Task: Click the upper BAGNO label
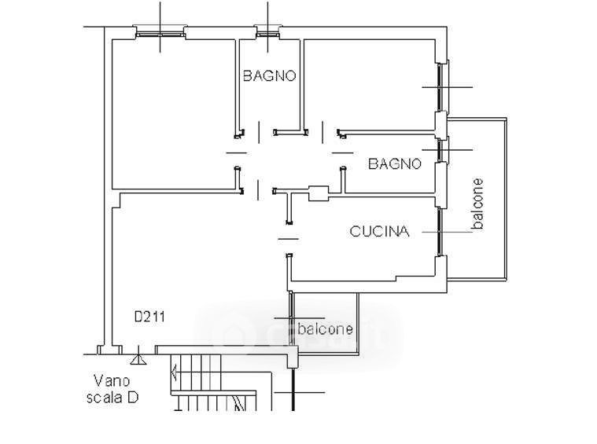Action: pyautogui.click(x=269, y=76)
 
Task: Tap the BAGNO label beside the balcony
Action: pyautogui.click(x=395, y=163)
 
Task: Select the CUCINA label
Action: pyautogui.click(x=379, y=231)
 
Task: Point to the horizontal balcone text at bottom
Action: pyautogui.click(x=325, y=329)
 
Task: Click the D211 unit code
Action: pyautogui.click(x=149, y=317)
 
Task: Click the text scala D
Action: pyautogui.click(x=112, y=398)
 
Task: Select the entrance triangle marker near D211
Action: pyautogui.click(x=138, y=360)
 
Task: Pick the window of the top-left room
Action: pyautogui.click(x=160, y=33)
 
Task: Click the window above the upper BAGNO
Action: pyautogui.click(x=267, y=33)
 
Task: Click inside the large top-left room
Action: pyautogui.click(x=173, y=110)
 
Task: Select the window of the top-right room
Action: pyautogui.click(x=440, y=86)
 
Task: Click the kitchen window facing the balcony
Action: pyautogui.click(x=440, y=231)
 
